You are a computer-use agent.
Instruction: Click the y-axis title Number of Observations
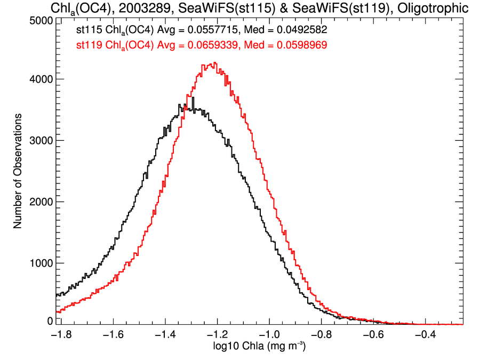[18, 171]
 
